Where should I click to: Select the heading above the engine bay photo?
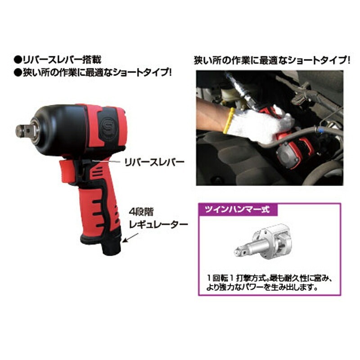[x=271, y=60]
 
